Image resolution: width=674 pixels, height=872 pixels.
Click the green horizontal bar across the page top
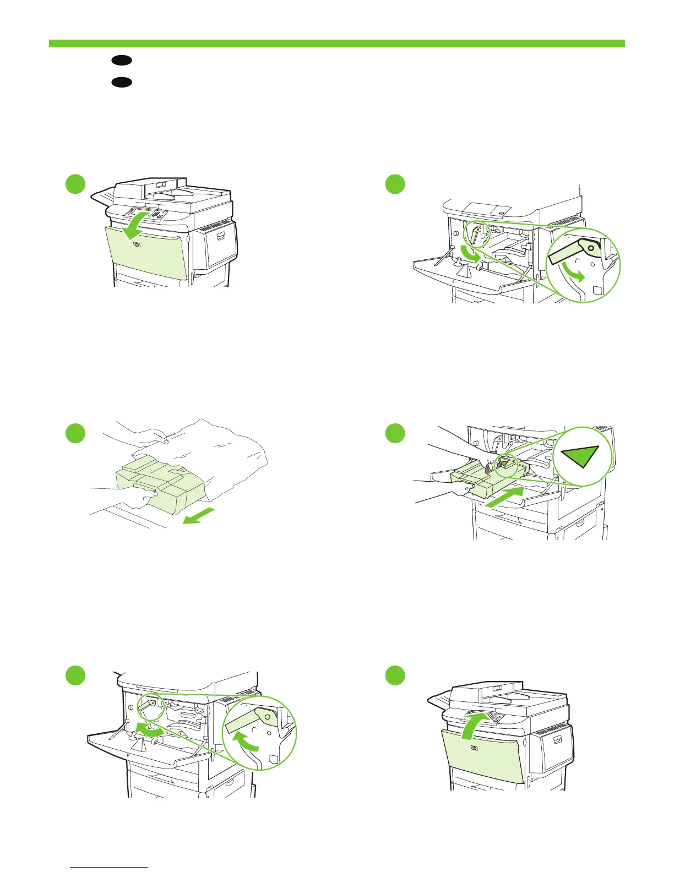click(x=336, y=43)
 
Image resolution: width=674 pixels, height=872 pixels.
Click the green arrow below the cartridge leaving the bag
click(x=198, y=517)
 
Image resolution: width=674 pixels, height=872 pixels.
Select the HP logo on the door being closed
click(x=474, y=749)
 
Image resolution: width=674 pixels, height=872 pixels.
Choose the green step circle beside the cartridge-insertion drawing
click(x=395, y=433)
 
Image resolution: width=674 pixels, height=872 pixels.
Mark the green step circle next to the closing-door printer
click(x=395, y=675)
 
